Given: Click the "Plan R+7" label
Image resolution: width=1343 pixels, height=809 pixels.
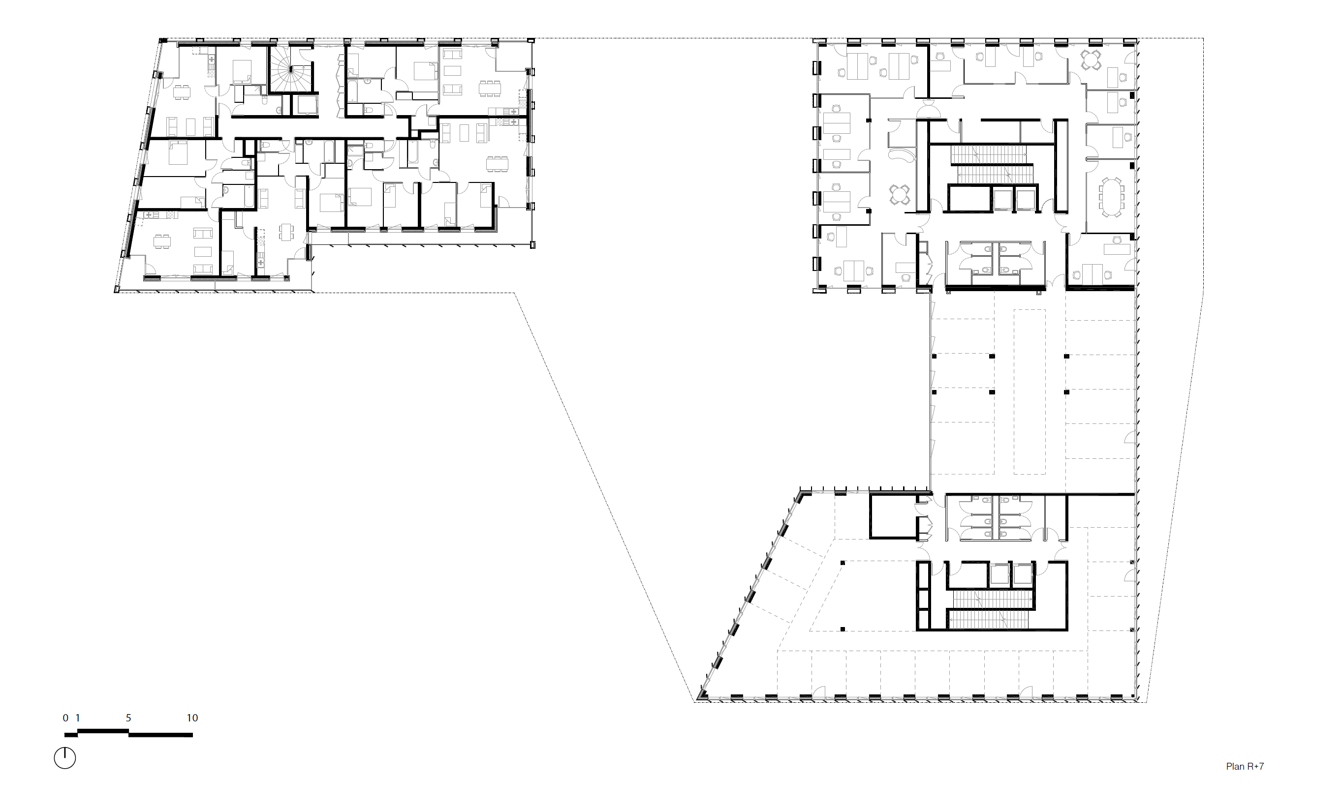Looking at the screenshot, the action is point(1245,767).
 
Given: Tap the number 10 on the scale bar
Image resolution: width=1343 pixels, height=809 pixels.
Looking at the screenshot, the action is point(192,718).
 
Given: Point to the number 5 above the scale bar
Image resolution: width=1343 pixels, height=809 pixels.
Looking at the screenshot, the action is point(128,718).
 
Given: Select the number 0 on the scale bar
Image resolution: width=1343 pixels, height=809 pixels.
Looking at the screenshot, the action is point(65,718).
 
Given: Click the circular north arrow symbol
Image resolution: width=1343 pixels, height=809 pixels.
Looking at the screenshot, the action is point(65,758).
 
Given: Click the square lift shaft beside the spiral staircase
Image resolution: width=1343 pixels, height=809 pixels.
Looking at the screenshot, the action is point(305,105).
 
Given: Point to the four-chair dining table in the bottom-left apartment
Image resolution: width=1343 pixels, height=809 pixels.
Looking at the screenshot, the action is point(162,241).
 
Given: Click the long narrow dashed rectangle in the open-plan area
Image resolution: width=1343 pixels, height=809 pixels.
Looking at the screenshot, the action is point(1029,391).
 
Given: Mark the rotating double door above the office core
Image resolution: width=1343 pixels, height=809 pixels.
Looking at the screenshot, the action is point(928,111).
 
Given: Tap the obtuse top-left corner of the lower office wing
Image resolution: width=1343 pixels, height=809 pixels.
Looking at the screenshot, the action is point(801,493).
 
